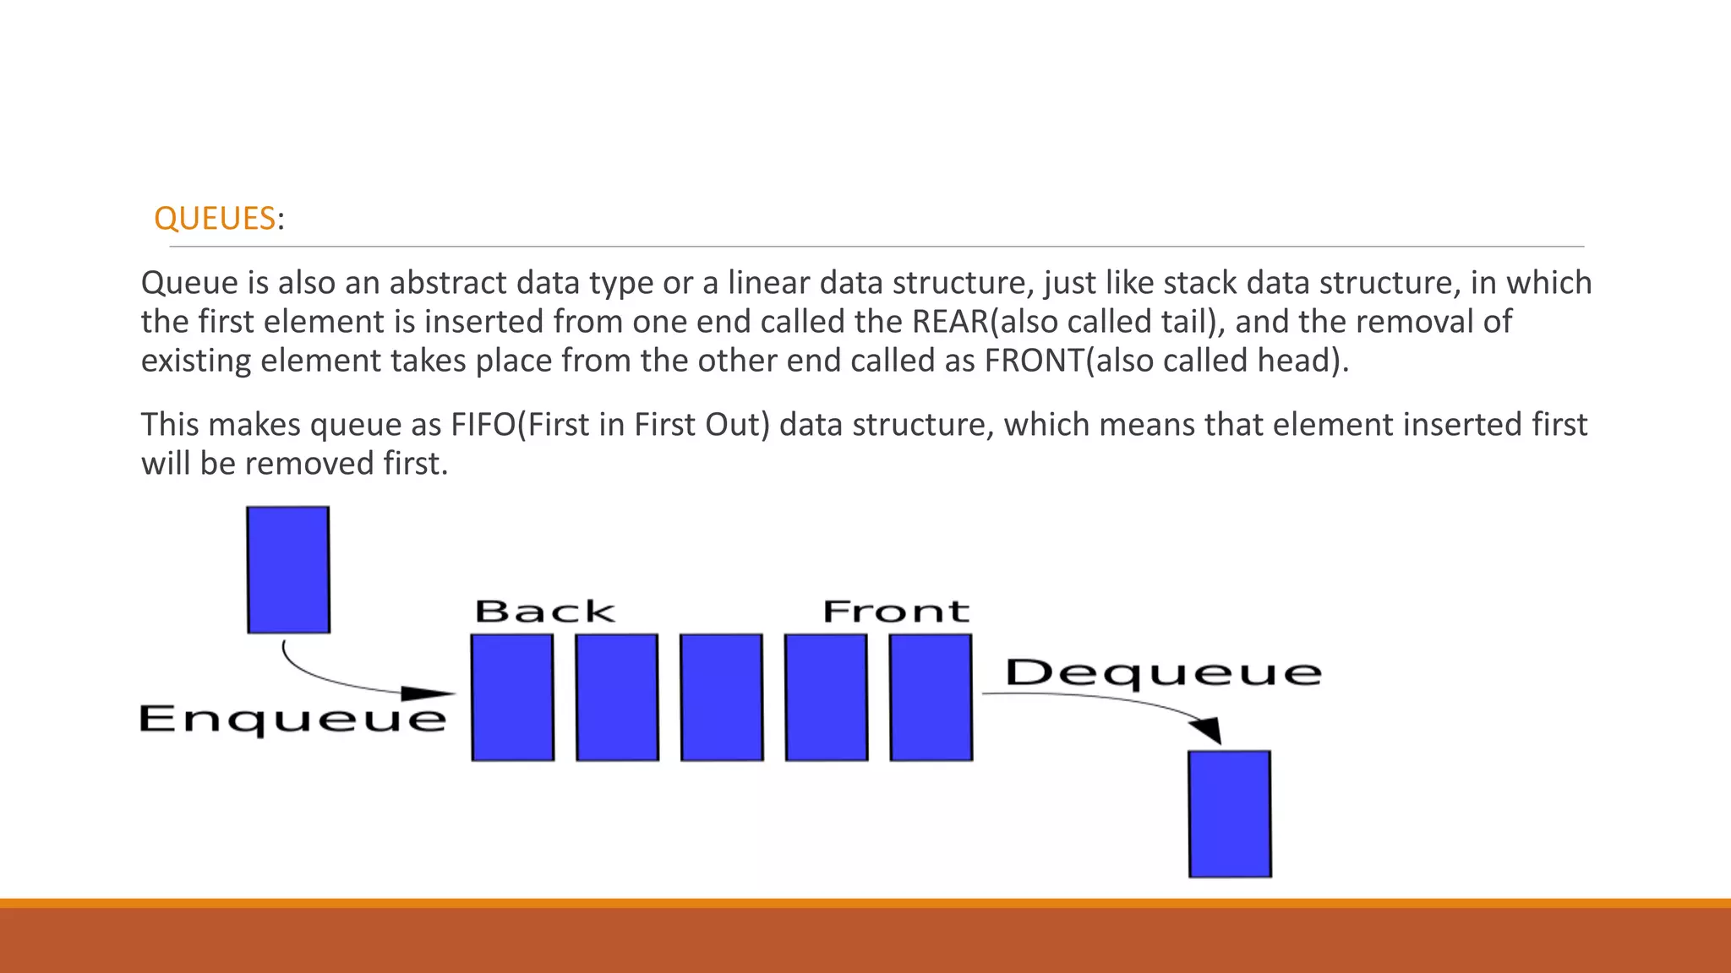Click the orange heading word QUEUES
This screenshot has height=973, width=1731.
(215, 219)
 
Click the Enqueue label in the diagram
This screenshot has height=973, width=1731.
(292, 719)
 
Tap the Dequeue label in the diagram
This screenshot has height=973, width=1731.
(1163, 673)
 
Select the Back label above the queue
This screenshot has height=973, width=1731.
(545, 612)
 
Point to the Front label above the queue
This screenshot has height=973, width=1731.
(896, 612)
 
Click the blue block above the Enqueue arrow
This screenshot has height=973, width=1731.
(288, 569)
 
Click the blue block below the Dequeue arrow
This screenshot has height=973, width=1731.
(1230, 813)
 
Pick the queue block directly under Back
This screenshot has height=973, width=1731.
(513, 698)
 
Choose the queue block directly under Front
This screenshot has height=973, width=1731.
(931, 698)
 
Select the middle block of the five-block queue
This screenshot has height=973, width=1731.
(722, 698)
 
